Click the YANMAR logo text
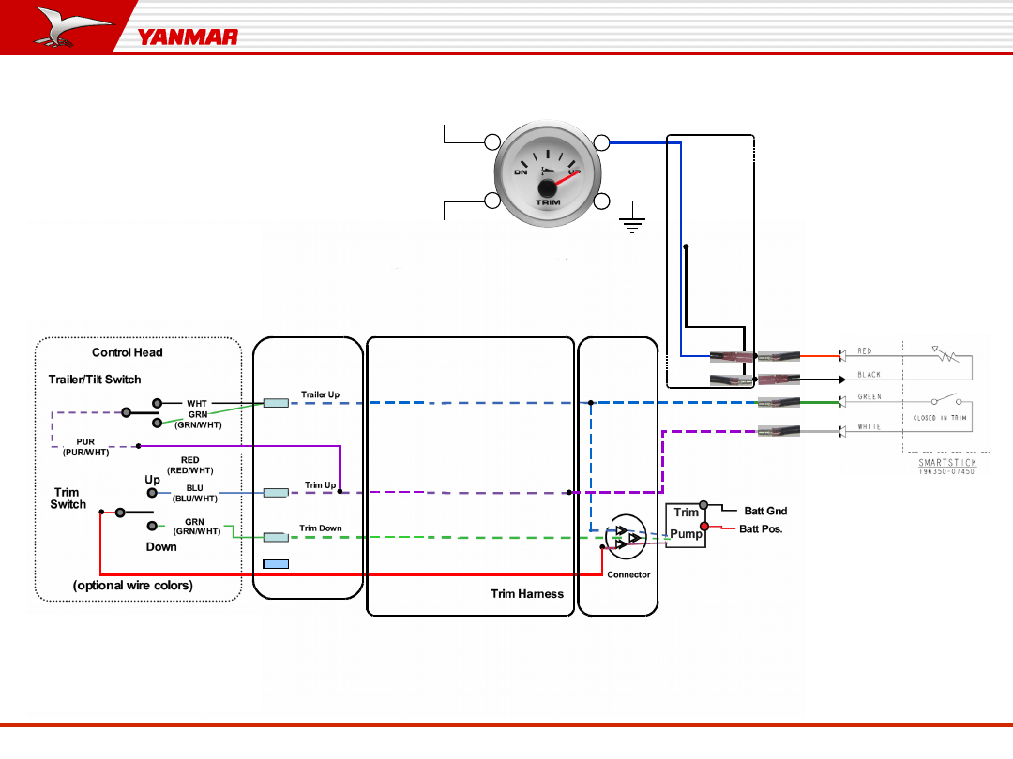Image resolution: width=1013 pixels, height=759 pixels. (188, 37)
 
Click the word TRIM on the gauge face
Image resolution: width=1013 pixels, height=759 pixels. (548, 202)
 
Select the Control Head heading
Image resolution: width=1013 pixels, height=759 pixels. (127, 353)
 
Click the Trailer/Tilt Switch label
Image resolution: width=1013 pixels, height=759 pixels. (95, 379)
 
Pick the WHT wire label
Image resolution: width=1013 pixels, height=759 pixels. (197, 404)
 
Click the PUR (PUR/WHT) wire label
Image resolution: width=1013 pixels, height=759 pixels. (85, 447)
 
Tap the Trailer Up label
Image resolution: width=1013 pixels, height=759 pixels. (320, 394)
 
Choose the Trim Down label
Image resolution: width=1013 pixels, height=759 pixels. (321, 528)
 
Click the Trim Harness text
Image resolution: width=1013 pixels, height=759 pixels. (527, 594)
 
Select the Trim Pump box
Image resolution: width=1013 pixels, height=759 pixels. (686, 525)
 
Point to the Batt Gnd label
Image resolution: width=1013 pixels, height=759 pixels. (765, 511)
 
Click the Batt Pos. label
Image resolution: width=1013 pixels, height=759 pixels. (761, 529)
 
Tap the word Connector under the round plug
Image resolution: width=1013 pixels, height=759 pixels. (628, 574)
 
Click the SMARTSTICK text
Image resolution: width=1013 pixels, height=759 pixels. (947, 463)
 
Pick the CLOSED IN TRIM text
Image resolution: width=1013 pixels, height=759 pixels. (946, 418)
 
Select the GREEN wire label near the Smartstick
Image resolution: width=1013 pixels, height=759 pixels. (869, 397)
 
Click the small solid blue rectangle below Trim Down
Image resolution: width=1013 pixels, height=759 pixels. (276, 564)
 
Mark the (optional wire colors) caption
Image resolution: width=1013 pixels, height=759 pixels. (133, 586)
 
